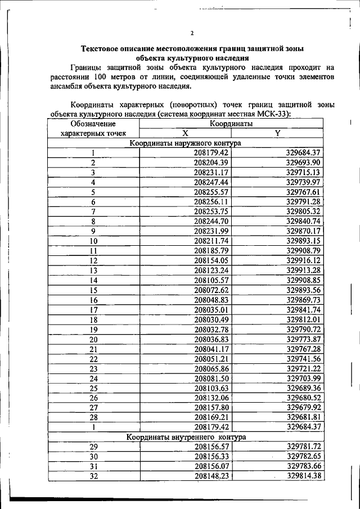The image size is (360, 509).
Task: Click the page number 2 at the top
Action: [x=192, y=33]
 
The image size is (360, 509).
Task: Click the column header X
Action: [x=184, y=133]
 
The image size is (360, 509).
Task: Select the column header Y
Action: [x=277, y=133]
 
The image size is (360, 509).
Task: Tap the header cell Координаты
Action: [x=231, y=123]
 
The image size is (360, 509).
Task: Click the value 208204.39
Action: [x=211, y=163]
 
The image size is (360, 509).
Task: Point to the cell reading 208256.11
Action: [x=211, y=202]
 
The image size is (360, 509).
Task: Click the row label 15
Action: [x=93, y=290]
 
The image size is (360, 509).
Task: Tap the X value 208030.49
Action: [x=211, y=319]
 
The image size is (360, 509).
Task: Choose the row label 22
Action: [x=93, y=359]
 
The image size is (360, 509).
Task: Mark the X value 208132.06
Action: [x=211, y=398]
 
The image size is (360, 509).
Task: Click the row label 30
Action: [x=93, y=457]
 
